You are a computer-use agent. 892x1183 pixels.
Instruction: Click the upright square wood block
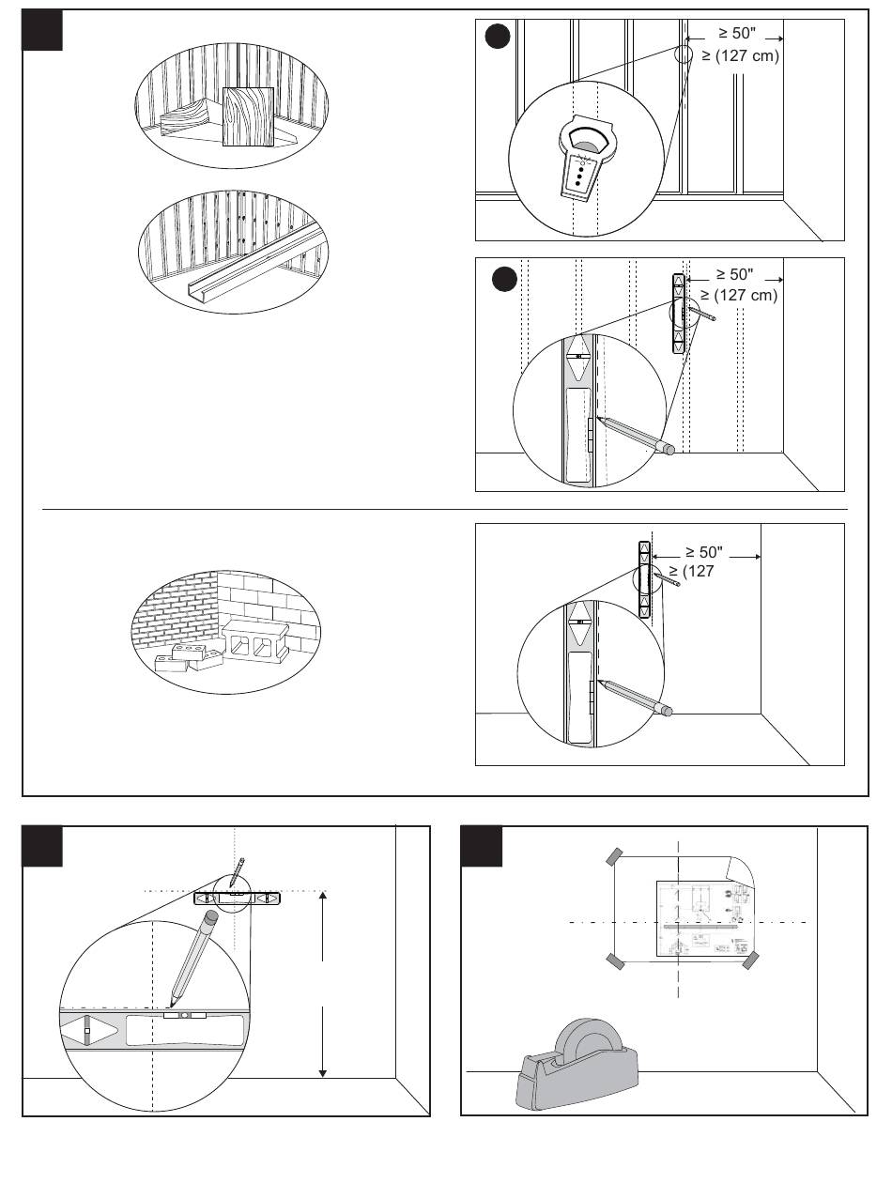click(x=247, y=117)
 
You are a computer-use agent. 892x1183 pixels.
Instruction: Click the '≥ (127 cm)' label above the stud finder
click(x=741, y=56)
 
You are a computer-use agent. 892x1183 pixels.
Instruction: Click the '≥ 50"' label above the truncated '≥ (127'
click(x=703, y=552)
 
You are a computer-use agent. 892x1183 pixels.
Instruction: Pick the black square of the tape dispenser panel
click(x=481, y=846)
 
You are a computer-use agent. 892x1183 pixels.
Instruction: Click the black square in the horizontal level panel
click(x=43, y=846)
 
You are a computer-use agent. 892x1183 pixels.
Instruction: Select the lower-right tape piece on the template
click(x=750, y=960)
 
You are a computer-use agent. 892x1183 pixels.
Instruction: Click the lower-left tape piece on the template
click(x=615, y=960)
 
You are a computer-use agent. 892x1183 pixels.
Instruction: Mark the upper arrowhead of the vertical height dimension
click(x=322, y=897)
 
